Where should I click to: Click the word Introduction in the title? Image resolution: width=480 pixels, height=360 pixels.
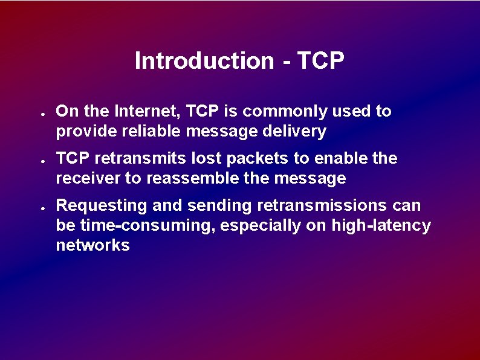click(204, 61)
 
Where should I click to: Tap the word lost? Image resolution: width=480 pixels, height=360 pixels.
click(191, 159)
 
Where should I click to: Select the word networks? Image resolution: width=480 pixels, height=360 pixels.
click(92, 246)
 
